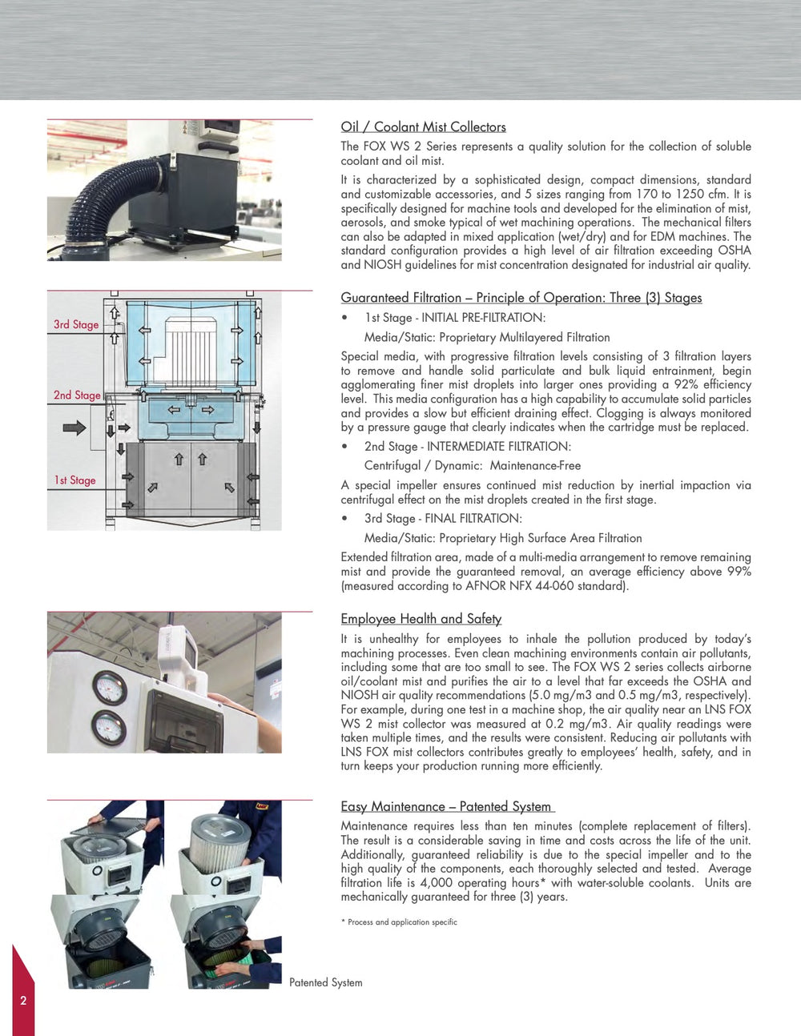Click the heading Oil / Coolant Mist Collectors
point(423,126)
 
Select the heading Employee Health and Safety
point(421,619)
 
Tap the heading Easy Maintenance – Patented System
point(446,806)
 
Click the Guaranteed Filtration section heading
point(521,298)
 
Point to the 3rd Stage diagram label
point(76,324)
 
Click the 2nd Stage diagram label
point(77,395)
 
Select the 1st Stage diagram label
point(74,480)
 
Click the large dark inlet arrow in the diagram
point(74,428)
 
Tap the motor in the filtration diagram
point(191,350)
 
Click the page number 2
point(23,1000)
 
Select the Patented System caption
point(325,982)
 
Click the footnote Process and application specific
point(401,922)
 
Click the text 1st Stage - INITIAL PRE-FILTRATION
point(454,318)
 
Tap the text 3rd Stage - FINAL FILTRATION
point(443,518)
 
